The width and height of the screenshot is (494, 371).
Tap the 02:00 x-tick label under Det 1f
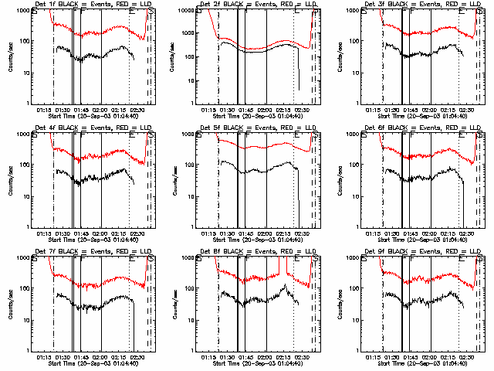pos(100,109)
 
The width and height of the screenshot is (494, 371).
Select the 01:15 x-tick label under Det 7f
pos(45,356)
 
